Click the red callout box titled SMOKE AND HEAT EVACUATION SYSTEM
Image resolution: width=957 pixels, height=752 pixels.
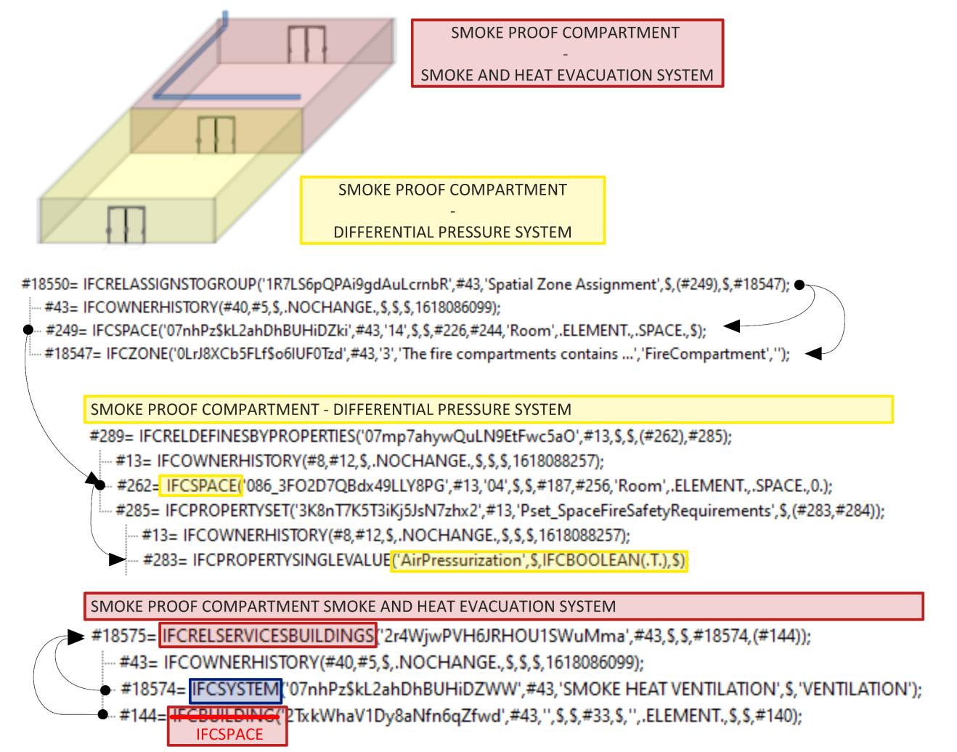(x=567, y=54)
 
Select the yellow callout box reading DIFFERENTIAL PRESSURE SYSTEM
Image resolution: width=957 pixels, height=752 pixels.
(x=452, y=211)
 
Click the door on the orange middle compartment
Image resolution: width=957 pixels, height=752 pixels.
(x=216, y=136)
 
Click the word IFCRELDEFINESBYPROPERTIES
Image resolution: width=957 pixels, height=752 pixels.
(x=246, y=437)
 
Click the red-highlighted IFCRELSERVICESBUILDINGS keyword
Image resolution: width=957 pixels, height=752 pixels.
(x=268, y=636)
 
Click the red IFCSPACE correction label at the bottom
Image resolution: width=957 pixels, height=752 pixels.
(x=228, y=735)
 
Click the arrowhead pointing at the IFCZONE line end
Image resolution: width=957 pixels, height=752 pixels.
(x=815, y=355)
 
